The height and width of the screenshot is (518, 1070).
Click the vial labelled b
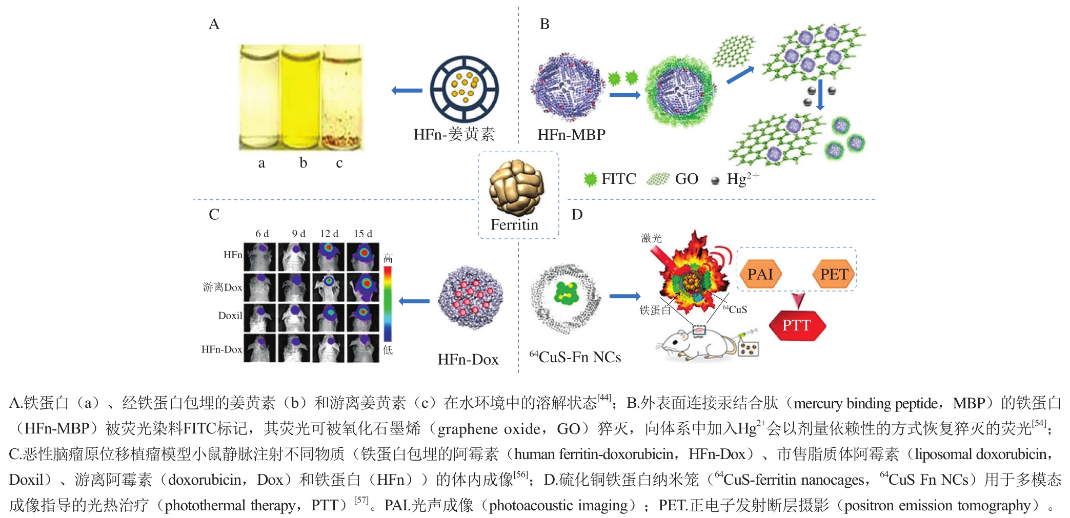click(x=301, y=97)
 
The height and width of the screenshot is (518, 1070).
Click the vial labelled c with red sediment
click(x=341, y=97)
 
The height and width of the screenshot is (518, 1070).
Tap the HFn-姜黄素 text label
click(x=454, y=134)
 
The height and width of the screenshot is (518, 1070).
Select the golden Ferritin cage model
click(x=516, y=188)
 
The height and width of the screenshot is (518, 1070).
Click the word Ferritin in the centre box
click(x=514, y=225)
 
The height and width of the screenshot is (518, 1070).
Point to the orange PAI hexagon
click(x=760, y=274)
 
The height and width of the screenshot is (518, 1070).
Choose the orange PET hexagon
click(x=834, y=274)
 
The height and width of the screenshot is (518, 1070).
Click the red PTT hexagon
click(x=797, y=325)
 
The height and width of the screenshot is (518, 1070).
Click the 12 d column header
click(x=329, y=234)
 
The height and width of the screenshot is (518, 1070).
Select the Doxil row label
click(x=230, y=316)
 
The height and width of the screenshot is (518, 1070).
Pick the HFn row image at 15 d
click(x=363, y=257)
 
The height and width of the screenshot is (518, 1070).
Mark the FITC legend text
click(x=618, y=179)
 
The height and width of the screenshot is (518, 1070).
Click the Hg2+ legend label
click(x=743, y=178)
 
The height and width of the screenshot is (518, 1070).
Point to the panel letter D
click(x=577, y=214)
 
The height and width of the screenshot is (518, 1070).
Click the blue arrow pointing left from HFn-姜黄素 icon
click(x=407, y=91)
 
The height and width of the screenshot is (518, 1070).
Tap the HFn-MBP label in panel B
click(x=571, y=135)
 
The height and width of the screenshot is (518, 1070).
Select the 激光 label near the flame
click(x=651, y=238)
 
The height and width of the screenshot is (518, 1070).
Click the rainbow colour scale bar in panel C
click(x=388, y=303)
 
